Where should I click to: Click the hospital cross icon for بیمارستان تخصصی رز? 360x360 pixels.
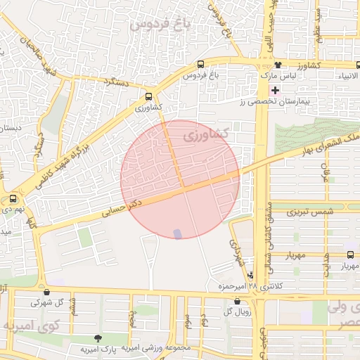pyautogui.click(x=275, y=90)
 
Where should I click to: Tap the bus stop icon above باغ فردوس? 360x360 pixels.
pyautogui.click(x=202, y=64)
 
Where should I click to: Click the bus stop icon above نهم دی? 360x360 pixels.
pyautogui.click(x=13, y=199)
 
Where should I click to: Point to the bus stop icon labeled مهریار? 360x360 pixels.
pyautogui.click(x=351, y=256)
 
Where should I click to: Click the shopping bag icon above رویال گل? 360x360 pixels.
pyautogui.click(x=236, y=300)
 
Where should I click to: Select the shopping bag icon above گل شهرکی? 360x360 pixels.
pyautogui.click(x=46, y=292)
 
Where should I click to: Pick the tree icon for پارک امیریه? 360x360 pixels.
pyautogui.click(x=107, y=339)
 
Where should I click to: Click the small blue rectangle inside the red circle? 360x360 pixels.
pyautogui.click(x=177, y=233)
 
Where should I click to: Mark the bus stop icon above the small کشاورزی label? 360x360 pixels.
pyautogui.click(x=148, y=97)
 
